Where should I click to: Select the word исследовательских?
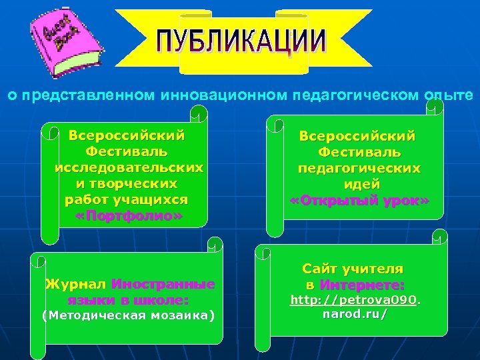pyautogui.click(x=129, y=167)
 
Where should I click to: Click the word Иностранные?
pyautogui.click(x=163, y=285)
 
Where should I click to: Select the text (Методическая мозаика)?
pyautogui.click(x=129, y=315)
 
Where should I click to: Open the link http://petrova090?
pyautogui.click(x=353, y=301)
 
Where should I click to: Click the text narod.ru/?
pyautogui.click(x=354, y=313)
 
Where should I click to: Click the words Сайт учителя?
pyautogui.click(x=353, y=269)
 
